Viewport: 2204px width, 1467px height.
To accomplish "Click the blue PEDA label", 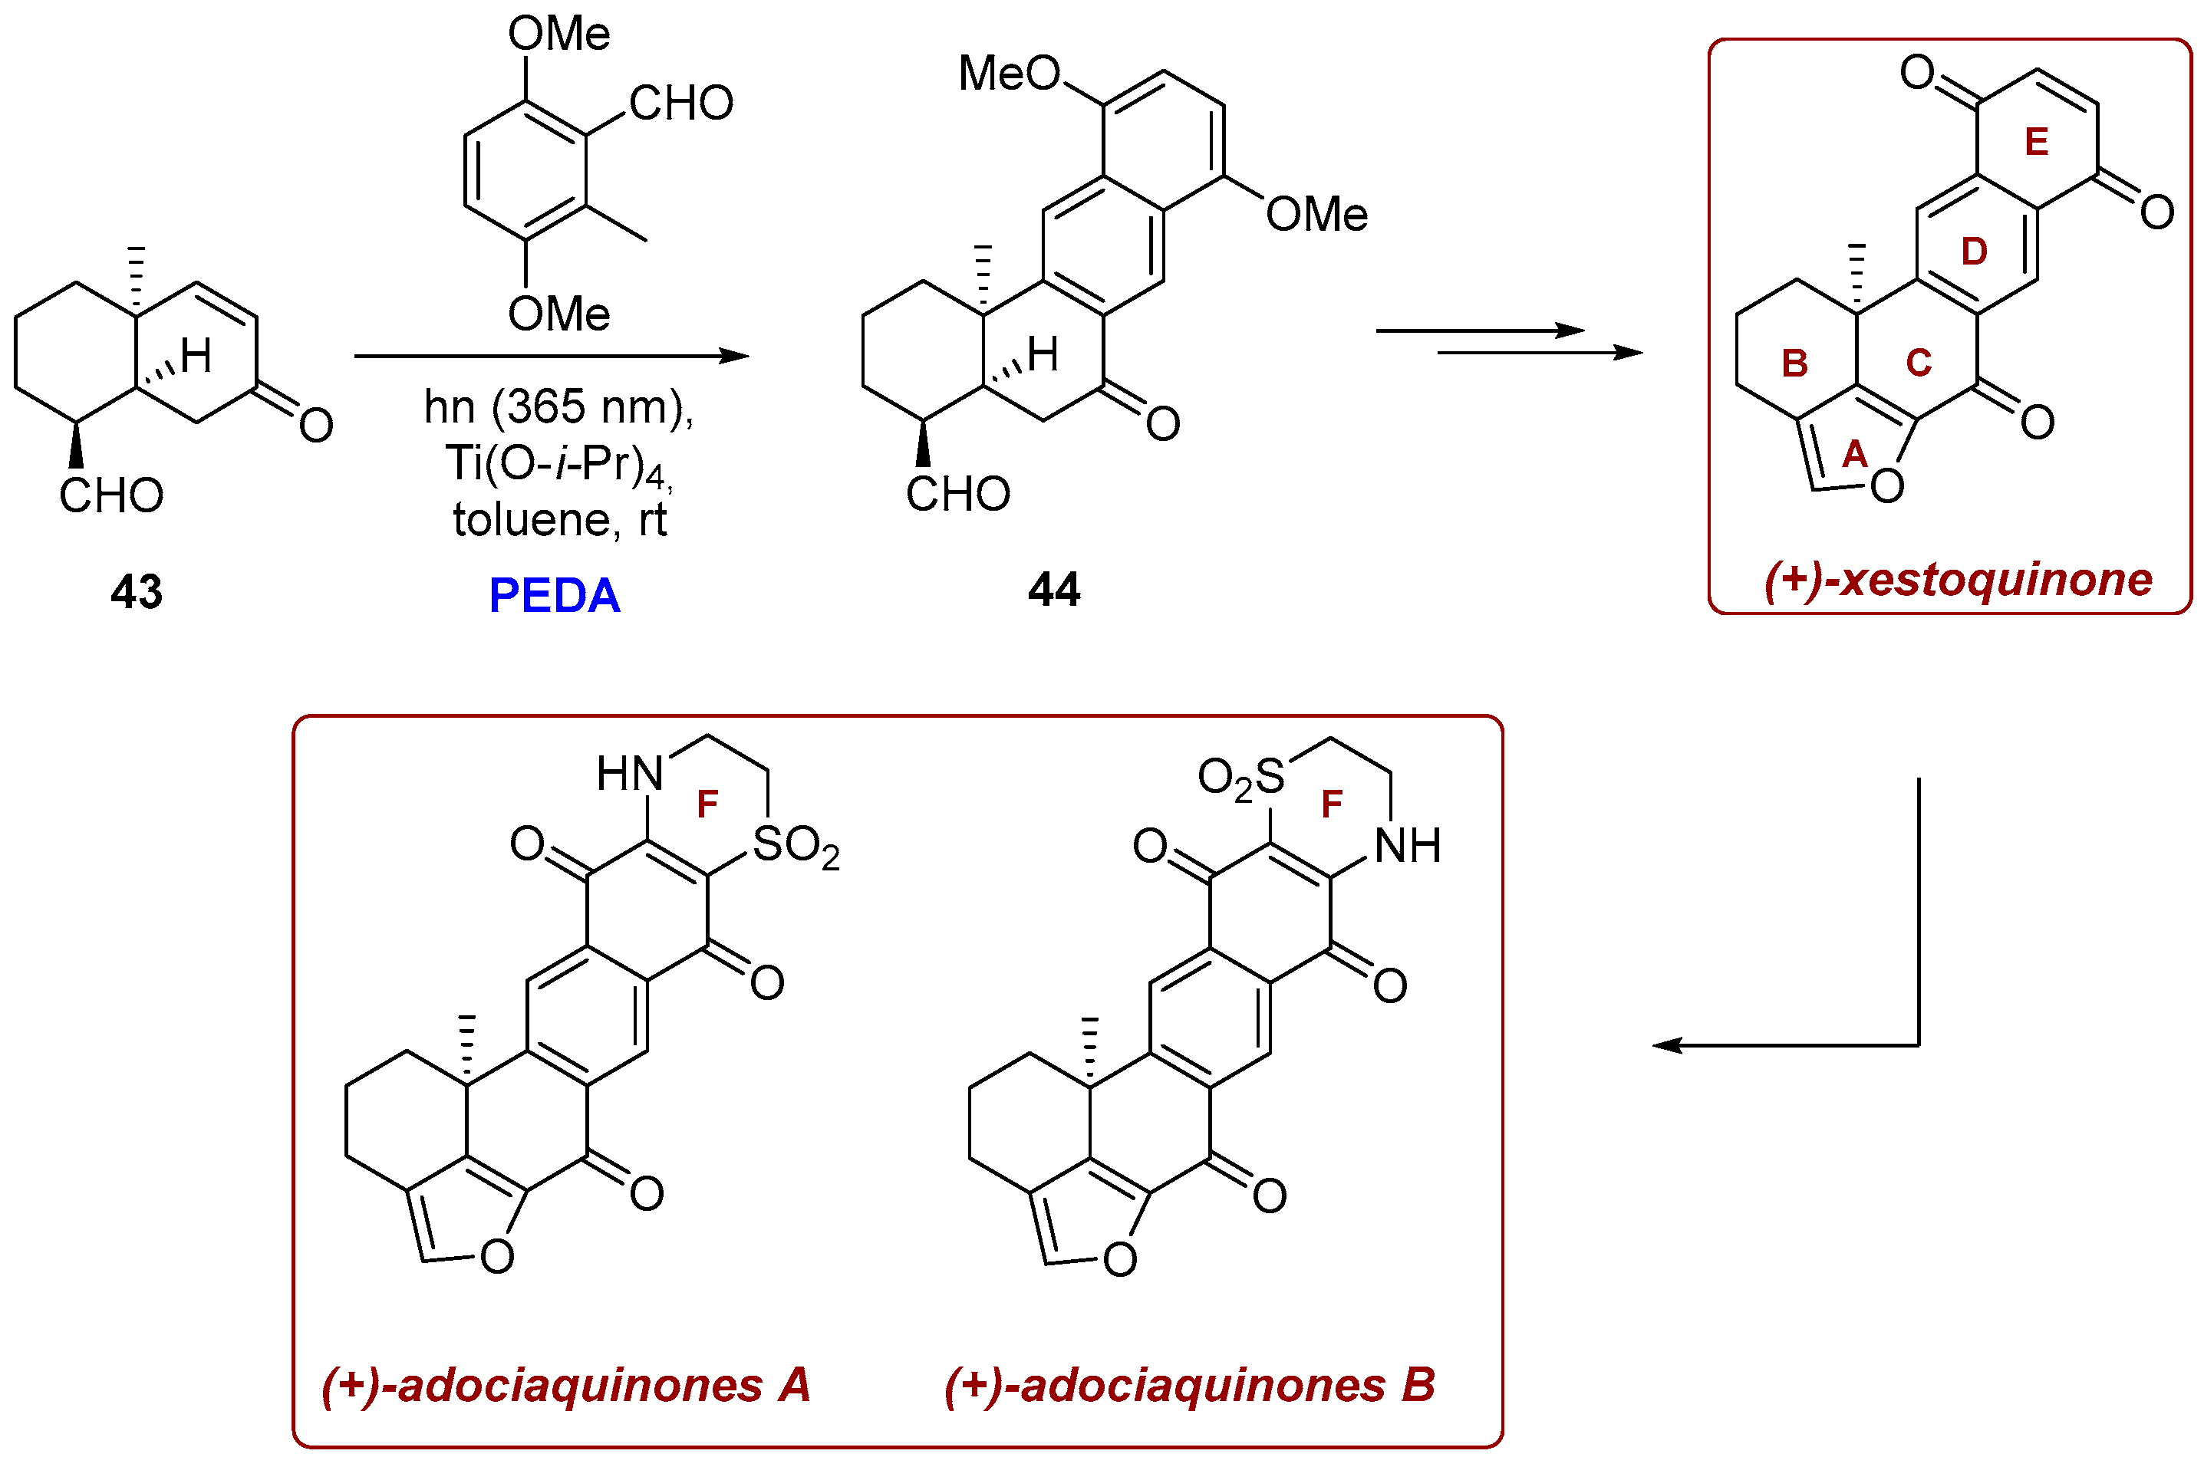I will [554, 596].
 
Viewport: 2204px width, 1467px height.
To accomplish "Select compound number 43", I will [137, 592].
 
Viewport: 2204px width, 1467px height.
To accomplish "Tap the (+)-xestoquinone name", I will [1957, 579].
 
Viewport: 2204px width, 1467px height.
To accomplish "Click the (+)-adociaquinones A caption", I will [565, 1385].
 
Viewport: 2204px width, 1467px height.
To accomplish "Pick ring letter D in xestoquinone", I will [1973, 252].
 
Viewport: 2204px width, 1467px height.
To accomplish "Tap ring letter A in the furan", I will [1854, 455].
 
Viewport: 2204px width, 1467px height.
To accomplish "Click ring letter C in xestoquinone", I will [1918, 362].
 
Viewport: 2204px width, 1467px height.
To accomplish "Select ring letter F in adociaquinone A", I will [707, 804].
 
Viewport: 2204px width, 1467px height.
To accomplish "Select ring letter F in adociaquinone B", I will [1331, 804].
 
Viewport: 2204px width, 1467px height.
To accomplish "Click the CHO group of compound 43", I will [111, 496].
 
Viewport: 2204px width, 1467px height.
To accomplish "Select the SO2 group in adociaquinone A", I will [796, 846].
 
